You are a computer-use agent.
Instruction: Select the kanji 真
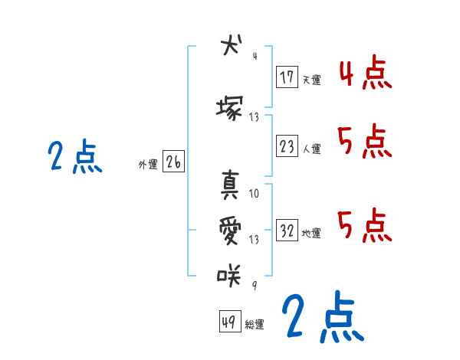(229, 184)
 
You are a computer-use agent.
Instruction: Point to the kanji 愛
(229, 230)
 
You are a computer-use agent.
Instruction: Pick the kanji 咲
(229, 274)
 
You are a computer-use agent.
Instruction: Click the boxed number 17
(287, 77)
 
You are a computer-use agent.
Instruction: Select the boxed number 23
(287, 146)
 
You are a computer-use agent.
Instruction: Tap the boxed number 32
(287, 231)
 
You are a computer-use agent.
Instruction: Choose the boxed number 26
(173, 162)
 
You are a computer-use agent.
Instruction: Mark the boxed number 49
(229, 322)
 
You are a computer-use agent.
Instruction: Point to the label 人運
(311, 149)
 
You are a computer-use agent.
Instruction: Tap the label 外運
(148, 164)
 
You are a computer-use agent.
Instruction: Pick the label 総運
(255, 325)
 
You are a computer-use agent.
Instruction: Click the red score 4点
(366, 74)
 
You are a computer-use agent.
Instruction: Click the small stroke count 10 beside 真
(255, 193)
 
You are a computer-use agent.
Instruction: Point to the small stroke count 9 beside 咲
(255, 285)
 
